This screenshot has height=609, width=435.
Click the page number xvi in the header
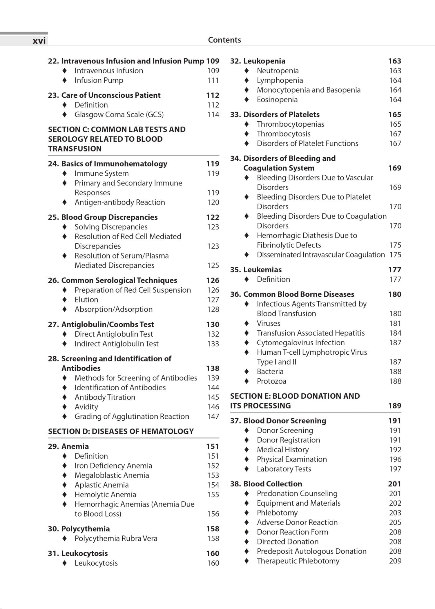(39, 41)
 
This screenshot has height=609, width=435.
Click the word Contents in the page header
(224, 40)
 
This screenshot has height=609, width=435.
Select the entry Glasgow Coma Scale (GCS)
(119, 115)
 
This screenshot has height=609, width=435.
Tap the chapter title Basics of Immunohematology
(114, 164)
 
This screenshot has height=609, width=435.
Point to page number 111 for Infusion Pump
(213, 80)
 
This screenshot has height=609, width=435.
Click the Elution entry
(86, 300)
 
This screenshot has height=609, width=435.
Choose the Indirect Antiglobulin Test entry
(116, 344)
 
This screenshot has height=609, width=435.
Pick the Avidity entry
(86, 407)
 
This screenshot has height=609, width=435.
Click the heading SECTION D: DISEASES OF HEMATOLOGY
(121, 431)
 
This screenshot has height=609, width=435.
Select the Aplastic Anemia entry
(101, 485)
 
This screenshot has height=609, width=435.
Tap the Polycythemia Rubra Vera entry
(116, 539)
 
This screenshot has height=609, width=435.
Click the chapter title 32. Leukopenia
(258, 61)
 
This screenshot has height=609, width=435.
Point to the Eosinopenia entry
(277, 100)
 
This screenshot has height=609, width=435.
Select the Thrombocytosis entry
(283, 134)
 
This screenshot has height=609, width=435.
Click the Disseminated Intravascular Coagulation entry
(320, 255)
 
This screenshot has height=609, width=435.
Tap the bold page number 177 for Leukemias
(394, 270)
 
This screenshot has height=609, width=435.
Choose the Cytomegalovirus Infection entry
(300, 343)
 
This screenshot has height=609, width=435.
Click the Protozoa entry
(271, 381)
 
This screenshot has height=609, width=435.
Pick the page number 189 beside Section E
(394, 406)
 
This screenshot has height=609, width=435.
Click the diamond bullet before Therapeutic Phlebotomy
(246, 561)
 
